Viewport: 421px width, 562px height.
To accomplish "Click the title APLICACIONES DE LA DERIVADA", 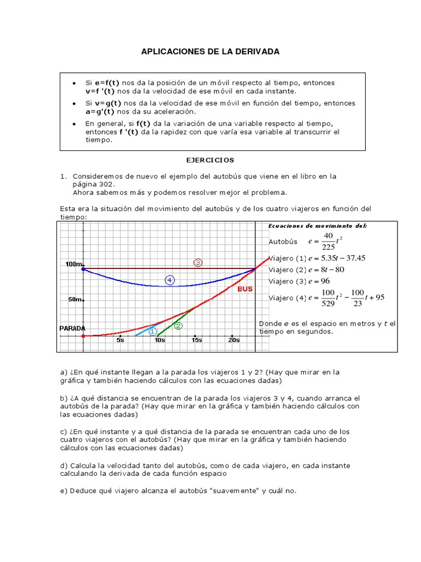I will tap(210, 52).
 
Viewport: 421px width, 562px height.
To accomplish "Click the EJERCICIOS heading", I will tap(210, 160).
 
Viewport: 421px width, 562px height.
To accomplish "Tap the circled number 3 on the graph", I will tap(198, 263).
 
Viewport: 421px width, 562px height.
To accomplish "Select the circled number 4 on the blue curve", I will tap(170, 280).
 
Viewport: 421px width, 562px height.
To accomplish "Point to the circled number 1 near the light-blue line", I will tap(152, 331).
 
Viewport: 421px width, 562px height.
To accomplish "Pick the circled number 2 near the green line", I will tap(178, 325).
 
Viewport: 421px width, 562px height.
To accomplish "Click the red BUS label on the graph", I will tap(244, 289).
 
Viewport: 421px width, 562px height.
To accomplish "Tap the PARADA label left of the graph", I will tap(72, 328).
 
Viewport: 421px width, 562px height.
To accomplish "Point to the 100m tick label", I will tap(73, 265).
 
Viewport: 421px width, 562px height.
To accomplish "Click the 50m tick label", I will tap(75, 300).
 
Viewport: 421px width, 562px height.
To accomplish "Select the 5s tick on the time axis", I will tap(121, 340).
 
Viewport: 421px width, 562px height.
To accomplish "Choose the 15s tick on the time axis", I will tap(196, 340).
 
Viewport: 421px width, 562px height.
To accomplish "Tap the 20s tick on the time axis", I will tap(234, 340).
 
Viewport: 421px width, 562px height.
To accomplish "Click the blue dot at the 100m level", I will tap(83, 269).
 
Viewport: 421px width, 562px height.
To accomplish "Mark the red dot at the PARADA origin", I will tap(83, 335).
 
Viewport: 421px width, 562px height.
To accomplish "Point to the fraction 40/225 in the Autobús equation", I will tap(328, 241).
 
